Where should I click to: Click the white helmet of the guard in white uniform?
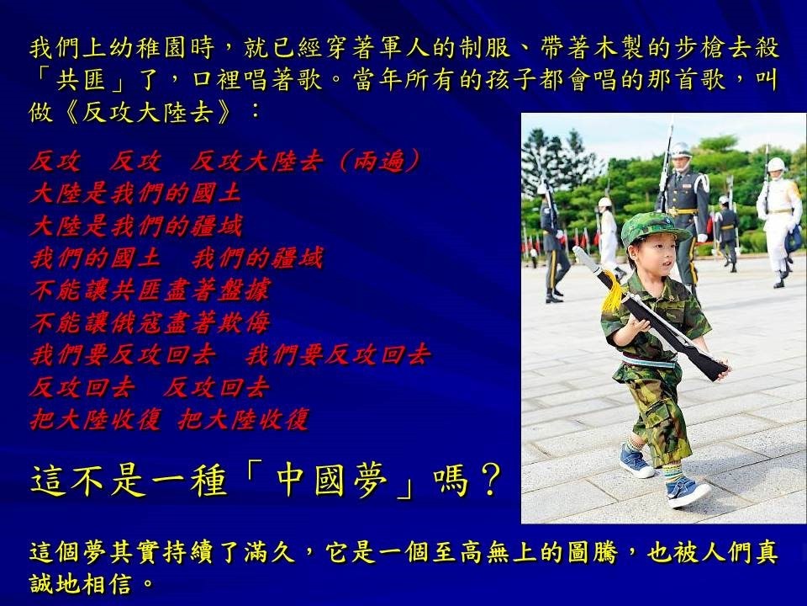776,164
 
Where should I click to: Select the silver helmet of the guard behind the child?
680,150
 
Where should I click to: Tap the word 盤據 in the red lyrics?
245,290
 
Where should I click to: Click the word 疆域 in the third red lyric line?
216,226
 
